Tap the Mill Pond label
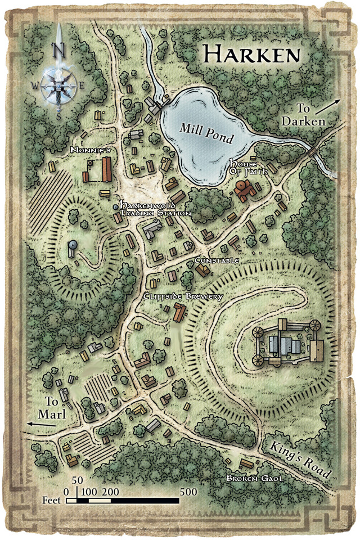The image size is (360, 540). [206, 133]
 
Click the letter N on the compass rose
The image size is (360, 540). [57, 49]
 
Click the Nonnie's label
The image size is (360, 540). [88, 151]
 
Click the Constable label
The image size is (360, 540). [217, 260]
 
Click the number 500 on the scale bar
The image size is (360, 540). [188, 491]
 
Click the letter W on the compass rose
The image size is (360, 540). [35, 86]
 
